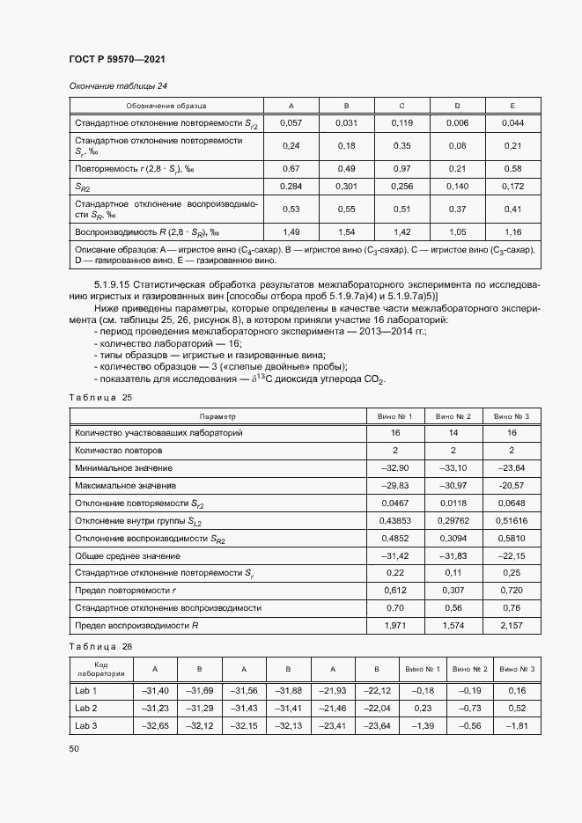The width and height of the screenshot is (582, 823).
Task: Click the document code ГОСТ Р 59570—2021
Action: click(x=116, y=59)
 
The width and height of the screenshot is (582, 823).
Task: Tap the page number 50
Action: click(x=74, y=748)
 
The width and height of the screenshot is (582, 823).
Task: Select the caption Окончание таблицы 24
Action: click(x=118, y=85)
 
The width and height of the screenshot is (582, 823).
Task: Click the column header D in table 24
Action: click(x=457, y=106)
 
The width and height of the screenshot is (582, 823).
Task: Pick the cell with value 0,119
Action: click(x=402, y=122)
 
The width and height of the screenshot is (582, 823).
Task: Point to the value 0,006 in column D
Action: click(x=457, y=122)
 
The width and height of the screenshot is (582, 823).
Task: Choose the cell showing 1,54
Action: click(x=346, y=231)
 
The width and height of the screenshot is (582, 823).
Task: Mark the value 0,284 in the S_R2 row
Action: click(x=291, y=187)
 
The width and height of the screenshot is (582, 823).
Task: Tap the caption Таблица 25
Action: click(x=99, y=398)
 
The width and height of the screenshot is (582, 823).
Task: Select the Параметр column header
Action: click(x=217, y=416)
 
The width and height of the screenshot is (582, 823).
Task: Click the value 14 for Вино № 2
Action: click(x=454, y=433)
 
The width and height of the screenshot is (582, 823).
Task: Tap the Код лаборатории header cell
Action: click(x=99, y=669)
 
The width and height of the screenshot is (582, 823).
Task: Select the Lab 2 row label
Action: click(x=86, y=708)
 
